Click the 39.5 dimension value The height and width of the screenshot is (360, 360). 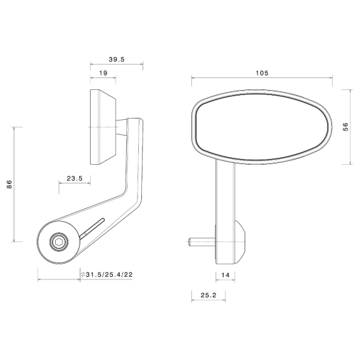tap(116, 59)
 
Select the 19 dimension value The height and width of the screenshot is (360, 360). tap(103, 74)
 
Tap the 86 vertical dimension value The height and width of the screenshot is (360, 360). tap(9, 184)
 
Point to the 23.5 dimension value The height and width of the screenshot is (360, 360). tap(74, 179)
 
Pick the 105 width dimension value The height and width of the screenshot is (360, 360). tap(262, 73)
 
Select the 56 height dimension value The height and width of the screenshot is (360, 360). tap(345, 127)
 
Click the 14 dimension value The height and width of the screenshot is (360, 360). tap(226, 274)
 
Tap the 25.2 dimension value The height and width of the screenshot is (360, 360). tap(209, 295)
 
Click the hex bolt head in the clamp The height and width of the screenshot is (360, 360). tap(58, 241)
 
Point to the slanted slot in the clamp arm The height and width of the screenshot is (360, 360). tap(92, 228)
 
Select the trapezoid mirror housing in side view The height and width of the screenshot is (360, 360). tap(103, 127)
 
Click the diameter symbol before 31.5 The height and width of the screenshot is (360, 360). tap(83, 274)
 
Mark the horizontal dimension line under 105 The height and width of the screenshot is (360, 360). tap(262, 79)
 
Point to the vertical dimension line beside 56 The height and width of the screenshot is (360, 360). tap(350, 127)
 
